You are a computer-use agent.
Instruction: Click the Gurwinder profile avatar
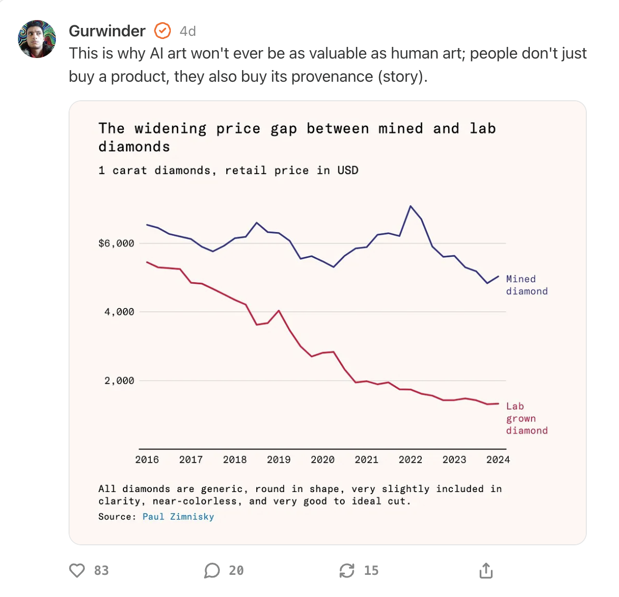37,39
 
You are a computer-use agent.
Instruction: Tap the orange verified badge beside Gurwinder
162,31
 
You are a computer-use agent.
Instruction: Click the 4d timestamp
188,32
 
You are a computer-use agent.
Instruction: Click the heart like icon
77,570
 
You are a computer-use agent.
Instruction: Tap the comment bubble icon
212,570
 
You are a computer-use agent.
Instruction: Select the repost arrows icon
347,570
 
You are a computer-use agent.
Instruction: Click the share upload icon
486,570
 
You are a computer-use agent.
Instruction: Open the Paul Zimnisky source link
178,517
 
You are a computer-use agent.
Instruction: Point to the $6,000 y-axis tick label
116,243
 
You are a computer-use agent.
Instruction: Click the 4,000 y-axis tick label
119,312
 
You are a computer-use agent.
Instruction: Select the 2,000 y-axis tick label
119,380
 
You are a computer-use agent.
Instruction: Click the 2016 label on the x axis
147,459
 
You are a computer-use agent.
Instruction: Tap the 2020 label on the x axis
323,459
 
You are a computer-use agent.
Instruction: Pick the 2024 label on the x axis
498,459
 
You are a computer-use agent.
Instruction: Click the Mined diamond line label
526,285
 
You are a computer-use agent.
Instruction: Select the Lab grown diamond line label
526,418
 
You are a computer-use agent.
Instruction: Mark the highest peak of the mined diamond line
411,206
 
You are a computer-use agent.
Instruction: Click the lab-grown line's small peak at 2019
279,311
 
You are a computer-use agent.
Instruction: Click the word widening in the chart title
170,129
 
